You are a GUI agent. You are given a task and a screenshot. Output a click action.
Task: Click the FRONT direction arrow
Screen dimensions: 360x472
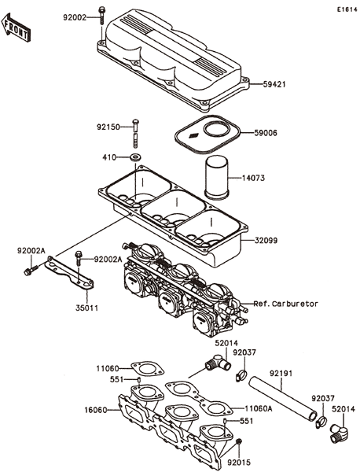16,27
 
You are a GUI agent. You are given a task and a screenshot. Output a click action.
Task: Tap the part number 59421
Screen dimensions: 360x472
274,84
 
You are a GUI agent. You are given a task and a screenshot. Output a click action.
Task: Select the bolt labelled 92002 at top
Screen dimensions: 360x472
101,15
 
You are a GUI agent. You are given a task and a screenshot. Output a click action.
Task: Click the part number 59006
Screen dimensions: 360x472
266,133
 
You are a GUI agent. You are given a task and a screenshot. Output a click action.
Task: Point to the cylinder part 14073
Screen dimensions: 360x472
216,177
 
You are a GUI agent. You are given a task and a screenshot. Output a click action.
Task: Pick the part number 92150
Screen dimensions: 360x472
108,127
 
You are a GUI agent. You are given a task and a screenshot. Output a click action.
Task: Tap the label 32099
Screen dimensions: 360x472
266,241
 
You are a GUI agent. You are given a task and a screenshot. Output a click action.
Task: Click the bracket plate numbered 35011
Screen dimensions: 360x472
69,274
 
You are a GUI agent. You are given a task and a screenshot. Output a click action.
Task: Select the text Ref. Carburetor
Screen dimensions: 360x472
285,304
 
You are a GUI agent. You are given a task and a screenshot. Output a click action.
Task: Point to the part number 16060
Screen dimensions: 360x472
96,410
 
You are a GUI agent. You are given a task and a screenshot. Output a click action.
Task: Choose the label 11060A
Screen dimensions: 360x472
259,408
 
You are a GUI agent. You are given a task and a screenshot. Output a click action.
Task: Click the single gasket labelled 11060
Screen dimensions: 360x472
147,369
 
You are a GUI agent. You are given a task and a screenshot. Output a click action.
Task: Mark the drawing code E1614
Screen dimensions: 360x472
347,9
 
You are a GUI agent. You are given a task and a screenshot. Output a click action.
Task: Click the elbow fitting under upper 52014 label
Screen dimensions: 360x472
219,362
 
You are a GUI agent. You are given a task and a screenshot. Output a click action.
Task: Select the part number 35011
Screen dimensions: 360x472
87,308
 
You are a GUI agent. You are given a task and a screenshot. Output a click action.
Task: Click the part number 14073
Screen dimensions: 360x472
254,179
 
